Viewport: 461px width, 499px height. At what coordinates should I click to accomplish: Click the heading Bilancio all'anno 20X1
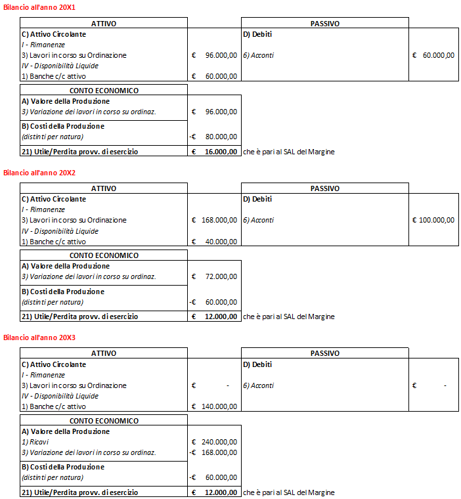(39, 8)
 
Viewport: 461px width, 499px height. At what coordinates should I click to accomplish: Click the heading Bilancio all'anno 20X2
(39, 173)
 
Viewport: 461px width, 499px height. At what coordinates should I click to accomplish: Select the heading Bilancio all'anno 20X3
(39, 337)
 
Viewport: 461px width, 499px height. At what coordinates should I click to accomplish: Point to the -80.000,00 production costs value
(219, 137)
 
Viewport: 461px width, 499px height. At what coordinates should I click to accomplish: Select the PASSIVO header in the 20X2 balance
(324, 188)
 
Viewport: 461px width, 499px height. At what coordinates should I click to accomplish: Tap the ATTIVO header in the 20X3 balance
(104, 354)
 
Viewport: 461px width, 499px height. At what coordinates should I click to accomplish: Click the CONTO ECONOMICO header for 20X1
(104, 91)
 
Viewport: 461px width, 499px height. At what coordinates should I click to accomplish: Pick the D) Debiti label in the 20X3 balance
(257, 364)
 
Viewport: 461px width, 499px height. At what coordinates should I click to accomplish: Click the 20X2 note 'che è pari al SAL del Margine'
(288, 316)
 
